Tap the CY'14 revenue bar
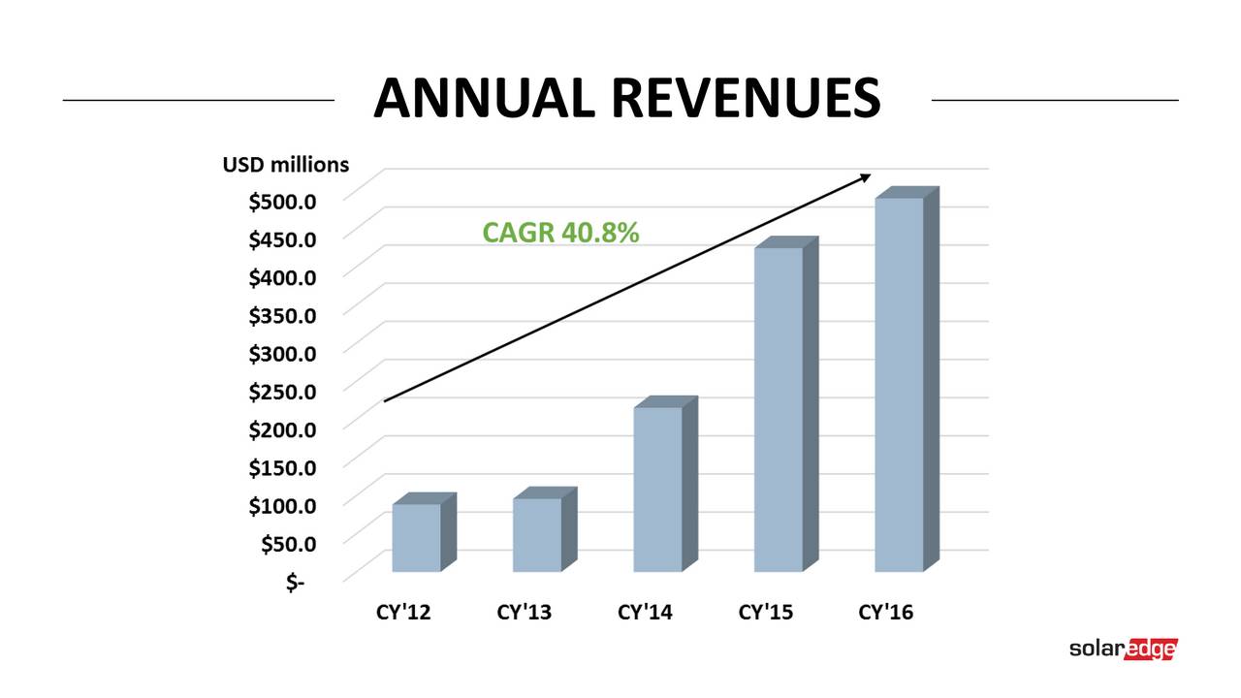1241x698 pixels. tap(657, 489)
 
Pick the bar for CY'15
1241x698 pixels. tap(779, 409)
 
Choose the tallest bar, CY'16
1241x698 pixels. tap(899, 384)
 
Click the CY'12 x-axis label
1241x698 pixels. tap(403, 613)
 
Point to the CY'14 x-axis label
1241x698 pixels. tap(645, 613)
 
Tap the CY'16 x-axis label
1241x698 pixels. tap(886, 613)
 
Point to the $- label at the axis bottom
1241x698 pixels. tap(295, 582)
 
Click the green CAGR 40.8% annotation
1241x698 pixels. tap(560, 233)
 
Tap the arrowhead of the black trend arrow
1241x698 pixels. tap(865, 177)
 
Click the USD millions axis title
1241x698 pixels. tap(286, 165)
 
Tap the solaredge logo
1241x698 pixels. tap(1123, 649)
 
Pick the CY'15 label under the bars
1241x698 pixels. tap(766, 613)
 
